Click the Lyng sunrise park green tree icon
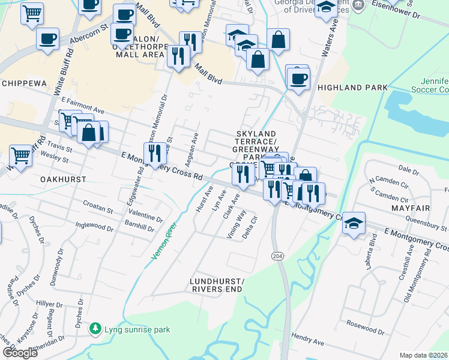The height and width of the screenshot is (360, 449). (95, 329)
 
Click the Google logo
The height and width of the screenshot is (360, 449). (20, 353)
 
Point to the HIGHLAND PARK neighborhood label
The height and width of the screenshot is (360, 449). (352, 88)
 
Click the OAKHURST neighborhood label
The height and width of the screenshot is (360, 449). (64, 179)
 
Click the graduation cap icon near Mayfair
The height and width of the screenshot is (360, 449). (354, 223)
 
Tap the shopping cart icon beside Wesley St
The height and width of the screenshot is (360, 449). (20, 155)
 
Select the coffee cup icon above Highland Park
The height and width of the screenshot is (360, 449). (298, 79)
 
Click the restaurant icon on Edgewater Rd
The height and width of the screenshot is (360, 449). (155, 153)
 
